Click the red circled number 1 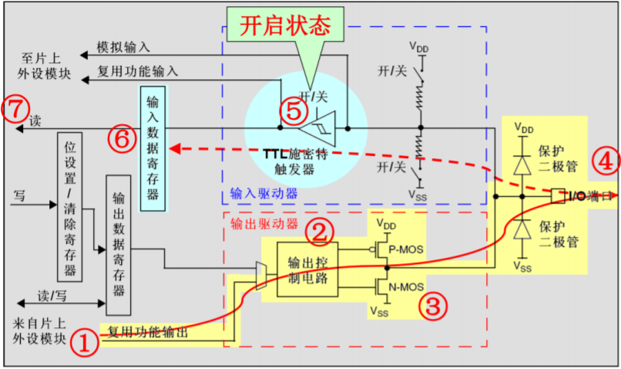pyautogui.click(x=86, y=341)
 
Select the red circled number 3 pyautogui.click(x=433, y=305)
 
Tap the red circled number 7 pyautogui.click(x=15, y=108)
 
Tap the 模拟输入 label pyautogui.click(x=123, y=48)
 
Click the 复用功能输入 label pyautogui.click(x=138, y=71)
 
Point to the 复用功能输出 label pyautogui.click(x=147, y=333)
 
